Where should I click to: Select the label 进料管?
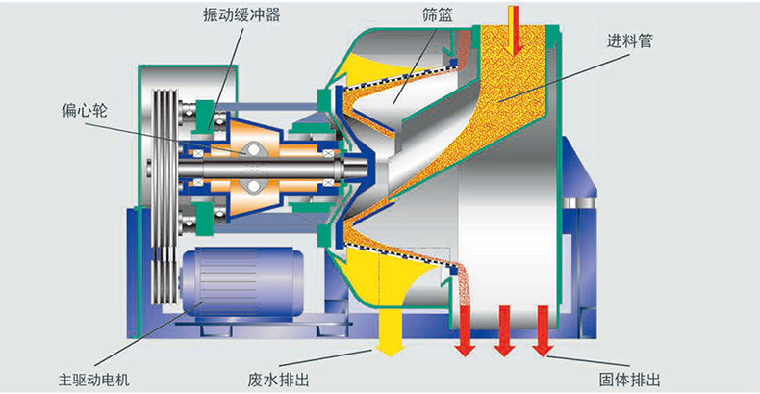[628, 42]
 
